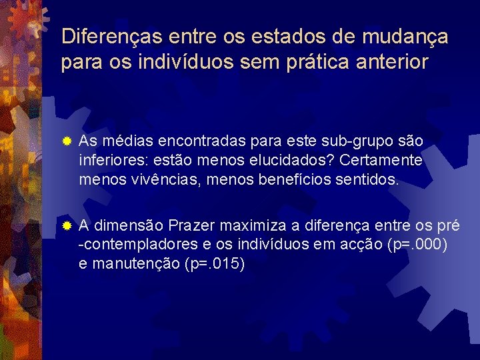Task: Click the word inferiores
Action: pos(109,161)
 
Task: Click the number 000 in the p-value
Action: pos(435,245)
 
